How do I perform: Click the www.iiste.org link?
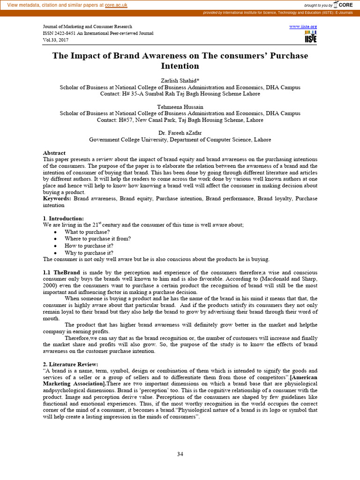coord(303,27)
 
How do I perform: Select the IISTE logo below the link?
coord(310,37)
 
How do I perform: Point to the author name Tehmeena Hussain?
coord(180,107)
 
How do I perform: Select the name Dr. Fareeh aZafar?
coord(180,133)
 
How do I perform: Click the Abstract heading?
coord(54,153)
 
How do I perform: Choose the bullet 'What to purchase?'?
coord(88,232)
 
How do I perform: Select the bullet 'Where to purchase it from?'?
coord(97,239)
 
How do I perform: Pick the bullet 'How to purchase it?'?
coord(89,246)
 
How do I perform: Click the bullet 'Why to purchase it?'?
coord(89,253)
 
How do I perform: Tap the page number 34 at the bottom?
coord(180,453)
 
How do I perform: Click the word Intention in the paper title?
coord(180,66)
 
